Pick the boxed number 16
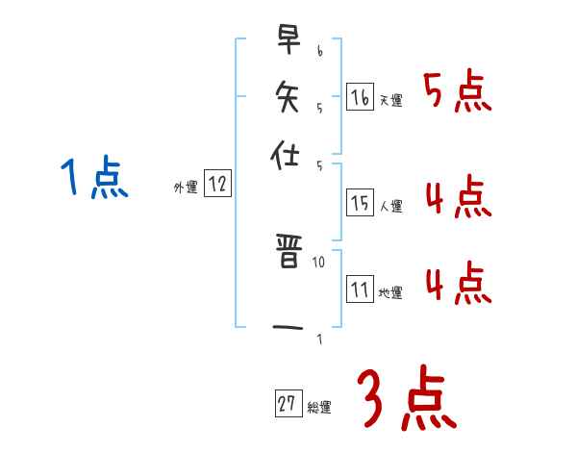[x=360, y=97]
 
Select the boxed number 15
[x=360, y=202]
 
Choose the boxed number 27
[x=288, y=405]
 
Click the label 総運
[x=319, y=408]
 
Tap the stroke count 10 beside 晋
[x=319, y=261]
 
